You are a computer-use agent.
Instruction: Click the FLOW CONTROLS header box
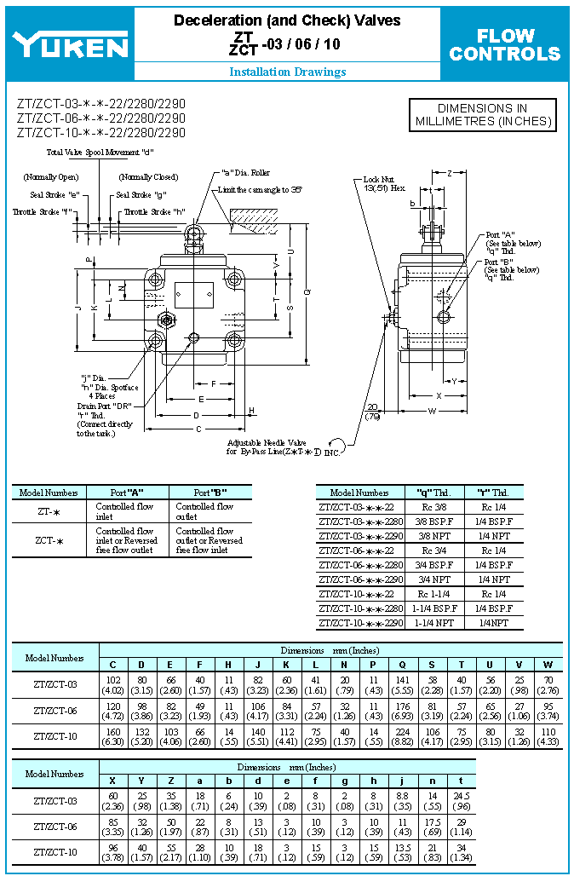pyautogui.click(x=505, y=45)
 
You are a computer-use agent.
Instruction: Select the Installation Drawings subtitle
pyautogui.click(x=287, y=72)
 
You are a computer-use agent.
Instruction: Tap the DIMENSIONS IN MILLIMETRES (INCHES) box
pyautogui.click(x=482, y=115)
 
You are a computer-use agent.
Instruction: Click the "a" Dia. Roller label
pyautogui.click(x=246, y=173)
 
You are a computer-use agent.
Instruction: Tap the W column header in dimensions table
pyautogui.click(x=548, y=665)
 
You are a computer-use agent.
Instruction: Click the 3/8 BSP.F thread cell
pyautogui.click(x=435, y=522)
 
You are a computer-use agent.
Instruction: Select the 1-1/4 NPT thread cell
pyautogui.click(x=435, y=623)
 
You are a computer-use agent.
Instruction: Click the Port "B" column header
pyautogui.click(x=210, y=492)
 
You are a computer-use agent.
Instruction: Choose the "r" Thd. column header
pyautogui.click(x=495, y=492)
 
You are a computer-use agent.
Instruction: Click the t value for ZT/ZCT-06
pyautogui.click(x=461, y=827)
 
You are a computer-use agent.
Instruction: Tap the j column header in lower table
pyautogui.click(x=403, y=781)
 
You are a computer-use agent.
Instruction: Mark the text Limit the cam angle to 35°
pyautogui.click(x=260, y=189)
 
